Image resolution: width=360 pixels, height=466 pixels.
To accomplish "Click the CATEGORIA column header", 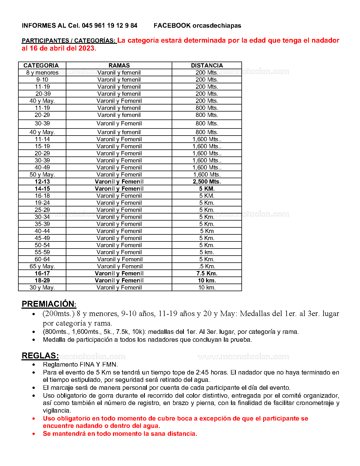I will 41,66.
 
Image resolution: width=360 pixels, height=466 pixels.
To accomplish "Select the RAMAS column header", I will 119,66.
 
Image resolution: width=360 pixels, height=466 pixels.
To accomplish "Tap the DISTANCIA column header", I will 207,66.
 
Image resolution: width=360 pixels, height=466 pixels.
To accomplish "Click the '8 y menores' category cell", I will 42,73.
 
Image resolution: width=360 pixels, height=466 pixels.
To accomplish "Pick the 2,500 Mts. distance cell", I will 207,182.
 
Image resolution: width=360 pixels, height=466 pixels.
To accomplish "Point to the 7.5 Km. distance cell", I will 207,273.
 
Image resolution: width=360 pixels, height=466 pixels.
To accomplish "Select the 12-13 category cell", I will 42,182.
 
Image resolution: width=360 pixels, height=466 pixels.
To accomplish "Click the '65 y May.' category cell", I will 42,266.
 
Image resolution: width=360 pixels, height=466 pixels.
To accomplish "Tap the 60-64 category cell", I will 42,259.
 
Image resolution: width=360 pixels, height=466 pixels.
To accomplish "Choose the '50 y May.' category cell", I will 42,175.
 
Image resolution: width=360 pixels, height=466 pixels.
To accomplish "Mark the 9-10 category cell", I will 42,80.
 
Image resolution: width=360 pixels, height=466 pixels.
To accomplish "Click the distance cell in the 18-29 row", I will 207,280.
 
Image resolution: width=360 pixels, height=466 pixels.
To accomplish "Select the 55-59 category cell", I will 42,252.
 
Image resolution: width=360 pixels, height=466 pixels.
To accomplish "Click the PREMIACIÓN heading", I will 49,304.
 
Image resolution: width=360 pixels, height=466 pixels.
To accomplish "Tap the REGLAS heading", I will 40,356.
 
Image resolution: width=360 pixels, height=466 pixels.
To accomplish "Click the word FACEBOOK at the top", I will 172,26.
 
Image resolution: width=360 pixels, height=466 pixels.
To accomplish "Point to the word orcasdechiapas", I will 217,26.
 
